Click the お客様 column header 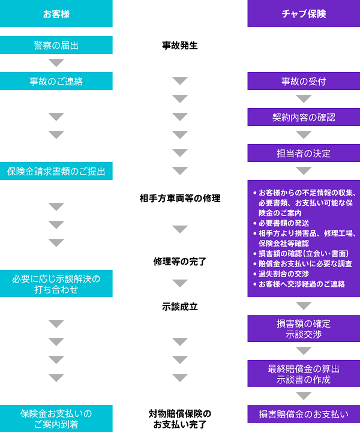tap(56, 13)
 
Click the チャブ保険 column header tap(304, 13)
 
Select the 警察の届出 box tap(56, 45)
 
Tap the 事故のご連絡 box tap(56, 81)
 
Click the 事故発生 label tap(180, 45)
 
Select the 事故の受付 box tap(304, 81)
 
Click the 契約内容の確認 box tap(304, 117)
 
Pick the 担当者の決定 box tap(304, 153)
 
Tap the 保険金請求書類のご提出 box tap(56, 172)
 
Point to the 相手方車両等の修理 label tap(180, 198)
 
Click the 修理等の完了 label tap(180, 261)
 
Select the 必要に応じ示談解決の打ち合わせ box tap(56, 283)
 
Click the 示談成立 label tap(180, 306)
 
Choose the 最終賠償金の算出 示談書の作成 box tap(304, 374)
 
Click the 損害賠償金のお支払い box tap(304, 414)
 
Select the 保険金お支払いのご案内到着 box tap(56, 419)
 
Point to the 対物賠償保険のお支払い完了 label tap(180, 419)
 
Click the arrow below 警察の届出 tap(56, 63)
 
